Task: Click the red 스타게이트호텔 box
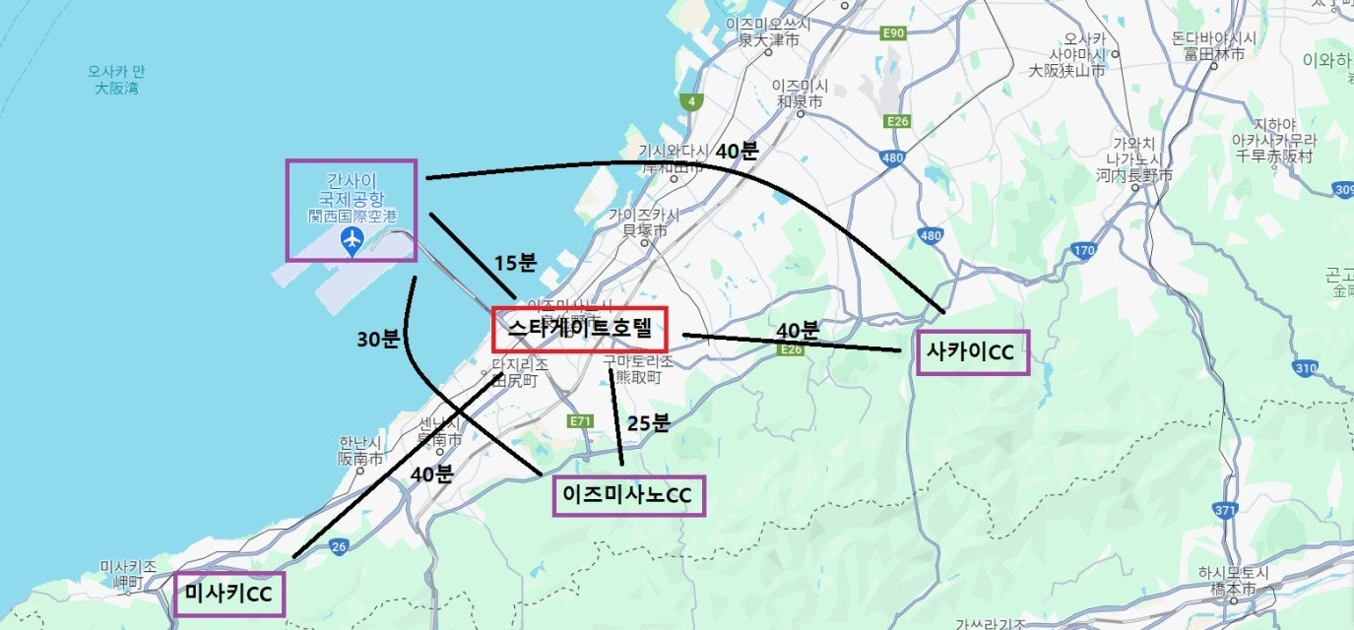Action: click(579, 329)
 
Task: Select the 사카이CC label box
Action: click(972, 352)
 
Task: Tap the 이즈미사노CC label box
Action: click(629, 495)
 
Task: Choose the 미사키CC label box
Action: click(228, 594)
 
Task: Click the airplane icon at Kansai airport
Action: click(352, 240)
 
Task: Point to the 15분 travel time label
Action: click(515, 263)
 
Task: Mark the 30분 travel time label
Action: click(377, 339)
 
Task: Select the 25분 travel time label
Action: click(648, 423)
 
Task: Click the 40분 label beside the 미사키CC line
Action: click(431, 473)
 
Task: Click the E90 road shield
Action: click(893, 33)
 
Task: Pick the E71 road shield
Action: click(581, 420)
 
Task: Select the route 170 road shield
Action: click(1083, 250)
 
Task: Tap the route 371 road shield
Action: click(1225, 510)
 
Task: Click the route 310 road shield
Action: click(1305, 368)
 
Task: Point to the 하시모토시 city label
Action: click(1224, 581)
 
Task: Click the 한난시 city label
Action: click(360, 450)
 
